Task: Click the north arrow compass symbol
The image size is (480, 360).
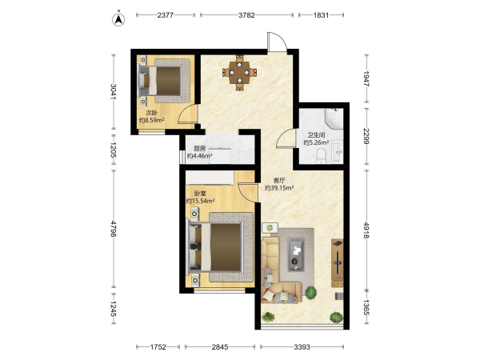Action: click(x=118, y=19)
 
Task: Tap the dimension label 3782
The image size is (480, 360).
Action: click(x=246, y=15)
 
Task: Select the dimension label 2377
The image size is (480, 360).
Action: click(x=166, y=15)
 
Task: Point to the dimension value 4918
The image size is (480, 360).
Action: click(x=366, y=230)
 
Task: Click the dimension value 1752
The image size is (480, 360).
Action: click(x=158, y=347)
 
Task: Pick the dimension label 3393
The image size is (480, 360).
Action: click(x=302, y=347)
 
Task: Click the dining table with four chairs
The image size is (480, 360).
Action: click(x=239, y=73)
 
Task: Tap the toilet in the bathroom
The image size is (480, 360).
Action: click(x=321, y=155)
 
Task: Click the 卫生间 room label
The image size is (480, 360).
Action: click(x=316, y=134)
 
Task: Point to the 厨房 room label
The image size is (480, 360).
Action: click(x=199, y=149)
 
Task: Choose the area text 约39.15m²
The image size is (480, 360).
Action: click(x=279, y=188)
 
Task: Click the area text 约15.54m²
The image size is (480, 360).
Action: click(x=200, y=201)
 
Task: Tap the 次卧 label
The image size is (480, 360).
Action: click(x=151, y=113)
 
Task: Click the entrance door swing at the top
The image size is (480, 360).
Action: click(x=277, y=42)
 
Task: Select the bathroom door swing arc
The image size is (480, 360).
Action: click(x=286, y=138)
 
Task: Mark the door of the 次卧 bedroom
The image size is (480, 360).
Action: click(x=188, y=114)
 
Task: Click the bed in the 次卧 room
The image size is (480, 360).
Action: click(x=164, y=81)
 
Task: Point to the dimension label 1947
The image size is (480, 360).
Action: click(x=366, y=79)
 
